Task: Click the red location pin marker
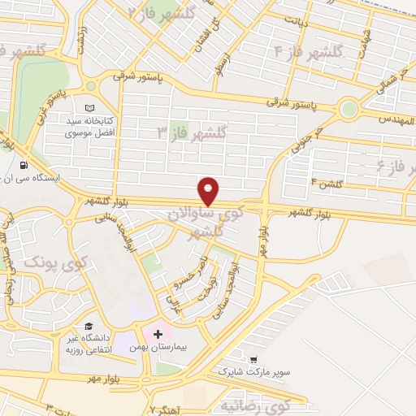[209, 191]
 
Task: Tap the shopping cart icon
[254, 359]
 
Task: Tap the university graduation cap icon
[88, 327]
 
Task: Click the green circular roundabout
[349, 107]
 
